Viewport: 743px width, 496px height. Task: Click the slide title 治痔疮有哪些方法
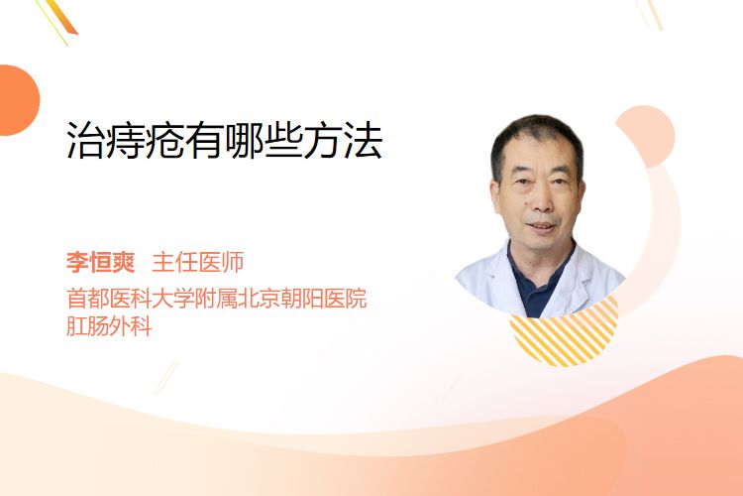coord(224,141)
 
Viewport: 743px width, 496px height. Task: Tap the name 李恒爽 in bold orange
coord(100,262)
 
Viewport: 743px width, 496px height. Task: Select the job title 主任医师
coord(198,262)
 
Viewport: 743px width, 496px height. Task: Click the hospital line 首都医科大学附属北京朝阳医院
coord(217,299)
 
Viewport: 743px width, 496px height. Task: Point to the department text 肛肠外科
coord(109,326)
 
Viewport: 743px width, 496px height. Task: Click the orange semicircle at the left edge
coord(18,100)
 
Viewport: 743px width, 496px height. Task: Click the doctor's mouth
coord(542,225)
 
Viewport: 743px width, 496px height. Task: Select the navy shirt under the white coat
coord(536,285)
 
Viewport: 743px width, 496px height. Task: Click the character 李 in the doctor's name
coord(77,262)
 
